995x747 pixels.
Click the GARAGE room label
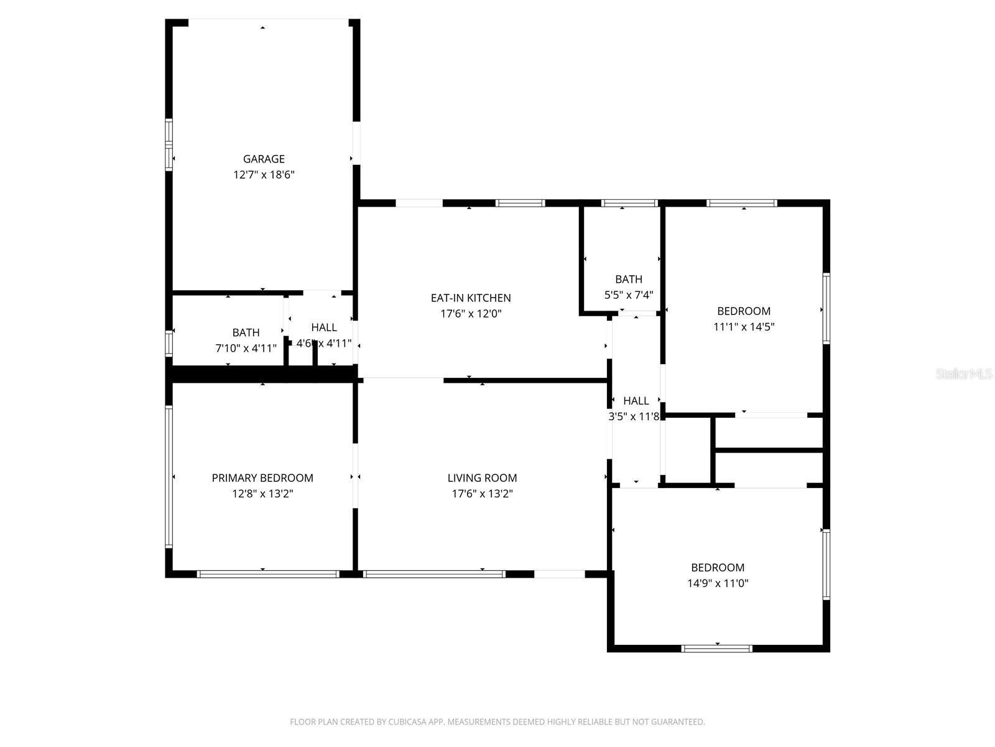(264, 159)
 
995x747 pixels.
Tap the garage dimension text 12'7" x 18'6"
(264, 175)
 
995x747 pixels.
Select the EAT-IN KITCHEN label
(471, 298)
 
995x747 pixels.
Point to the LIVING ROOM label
(482, 478)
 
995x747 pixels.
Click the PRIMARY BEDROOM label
(262, 478)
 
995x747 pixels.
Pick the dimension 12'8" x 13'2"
(262, 494)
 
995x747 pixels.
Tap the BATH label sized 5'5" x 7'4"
(629, 280)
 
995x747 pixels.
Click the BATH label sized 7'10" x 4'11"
(246, 333)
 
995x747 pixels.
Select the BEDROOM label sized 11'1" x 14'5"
(744, 311)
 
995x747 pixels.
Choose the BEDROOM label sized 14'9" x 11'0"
(718, 568)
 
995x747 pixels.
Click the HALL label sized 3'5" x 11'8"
(636, 401)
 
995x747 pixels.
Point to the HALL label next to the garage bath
(324, 327)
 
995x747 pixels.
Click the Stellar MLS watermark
(964, 374)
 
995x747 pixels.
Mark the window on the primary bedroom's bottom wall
(267, 574)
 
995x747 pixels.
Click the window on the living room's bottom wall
(434, 574)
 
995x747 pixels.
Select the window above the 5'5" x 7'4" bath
(629, 203)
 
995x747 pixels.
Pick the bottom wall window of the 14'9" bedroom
(717, 649)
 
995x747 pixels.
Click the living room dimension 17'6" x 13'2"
(482, 494)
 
